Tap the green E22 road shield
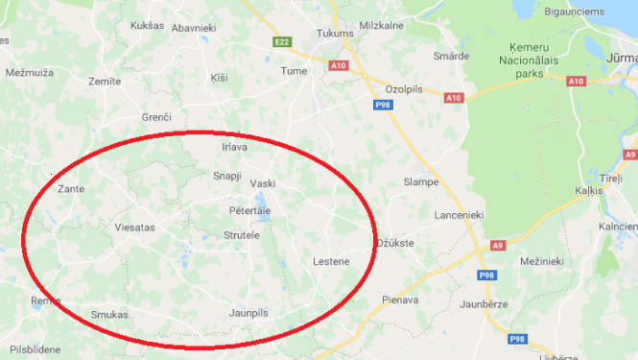[x=282, y=42]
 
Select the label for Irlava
[x=234, y=147]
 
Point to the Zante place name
[x=71, y=189]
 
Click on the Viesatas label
[x=134, y=228]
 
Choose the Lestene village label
[x=331, y=261]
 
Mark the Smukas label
[x=109, y=314]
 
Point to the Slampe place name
[x=421, y=181]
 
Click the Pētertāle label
[x=250, y=210]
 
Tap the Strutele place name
[x=242, y=235]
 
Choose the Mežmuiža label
[x=28, y=72]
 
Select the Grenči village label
[x=155, y=117]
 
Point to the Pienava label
[x=399, y=300]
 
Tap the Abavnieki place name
[x=194, y=29]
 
